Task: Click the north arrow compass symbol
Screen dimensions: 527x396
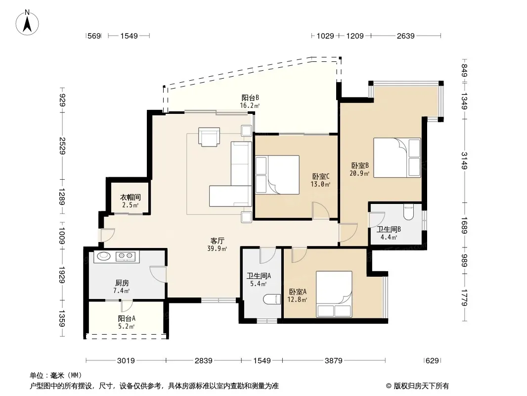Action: [x=27, y=23]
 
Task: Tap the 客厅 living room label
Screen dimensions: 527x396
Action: [x=217, y=241]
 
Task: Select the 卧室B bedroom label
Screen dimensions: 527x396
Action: [x=360, y=165]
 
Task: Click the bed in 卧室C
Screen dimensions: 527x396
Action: [x=277, y=175]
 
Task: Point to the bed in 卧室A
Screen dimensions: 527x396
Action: [x=334, y=294]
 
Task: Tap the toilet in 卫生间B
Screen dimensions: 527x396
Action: [x=408, y=212]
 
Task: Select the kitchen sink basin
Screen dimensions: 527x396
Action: [x=103, y=256]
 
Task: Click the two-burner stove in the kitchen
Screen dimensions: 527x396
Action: [x=126, y=257]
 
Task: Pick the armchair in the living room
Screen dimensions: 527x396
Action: [x=209, y=137]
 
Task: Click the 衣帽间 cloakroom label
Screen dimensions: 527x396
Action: [x=131, y=197]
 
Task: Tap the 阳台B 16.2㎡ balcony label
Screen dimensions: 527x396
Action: [x=250, y=101]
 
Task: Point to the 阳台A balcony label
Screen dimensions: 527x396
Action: [x=127, y=318]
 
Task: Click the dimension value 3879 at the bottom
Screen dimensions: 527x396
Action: [x=333, y=361]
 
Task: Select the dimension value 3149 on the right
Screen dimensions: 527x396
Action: [x=464, y=160]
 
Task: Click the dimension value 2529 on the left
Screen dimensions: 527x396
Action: [x=62, y=146]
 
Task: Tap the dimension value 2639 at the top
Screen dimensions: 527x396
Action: [x=406, y=36]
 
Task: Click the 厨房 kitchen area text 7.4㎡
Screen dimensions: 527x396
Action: [x=121, y=291]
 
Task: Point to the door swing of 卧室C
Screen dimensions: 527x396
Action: [x=321, y=210]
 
